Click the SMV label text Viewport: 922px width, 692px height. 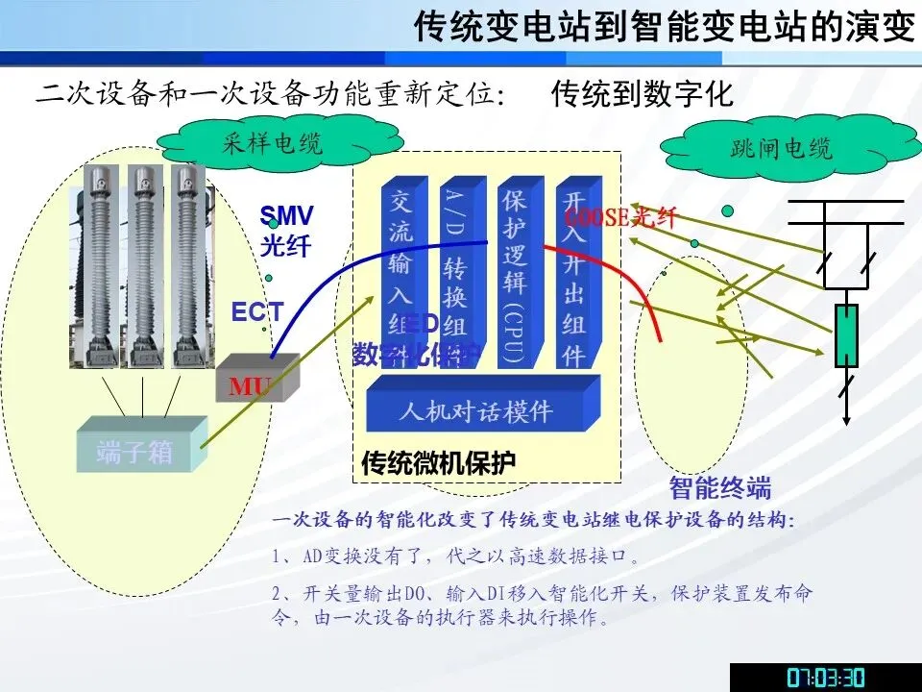click(286, 216)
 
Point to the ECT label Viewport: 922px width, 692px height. click(256, 311)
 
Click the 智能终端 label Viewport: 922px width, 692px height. click(720, 487)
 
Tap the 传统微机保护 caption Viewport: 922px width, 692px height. click(438, 462)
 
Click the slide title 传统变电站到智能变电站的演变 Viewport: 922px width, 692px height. click(664, 26)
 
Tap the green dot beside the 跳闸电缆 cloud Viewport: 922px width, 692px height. click(727, 211)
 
